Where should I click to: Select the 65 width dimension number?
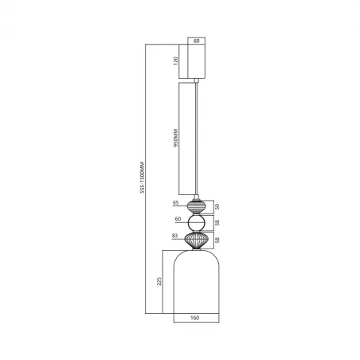tap(175, 203)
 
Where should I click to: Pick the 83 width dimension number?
tap(174, 237)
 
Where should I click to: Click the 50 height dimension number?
tap(218, 205)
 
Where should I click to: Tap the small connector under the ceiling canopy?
tap(197, 80)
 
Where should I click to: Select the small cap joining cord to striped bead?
tap(197, 195)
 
